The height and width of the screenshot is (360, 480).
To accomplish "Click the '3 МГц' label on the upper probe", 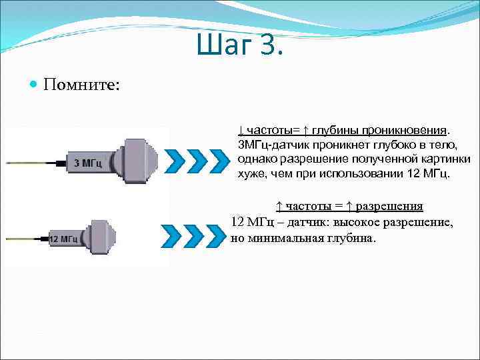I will click(x=87, y=163).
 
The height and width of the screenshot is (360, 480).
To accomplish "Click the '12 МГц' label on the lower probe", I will click(x=64, y=238).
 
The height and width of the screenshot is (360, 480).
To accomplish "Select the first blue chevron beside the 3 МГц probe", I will click(x=175, y=161).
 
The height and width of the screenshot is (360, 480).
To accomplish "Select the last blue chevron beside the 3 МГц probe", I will click(x=219, y=161).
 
